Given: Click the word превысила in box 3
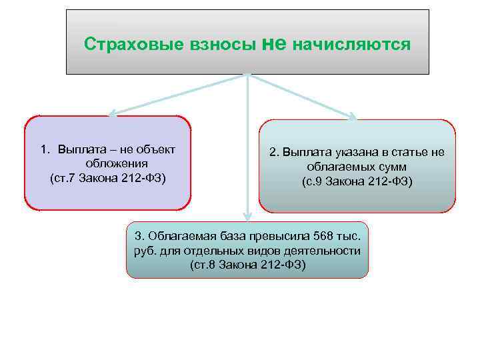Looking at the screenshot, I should click(280, 237).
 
